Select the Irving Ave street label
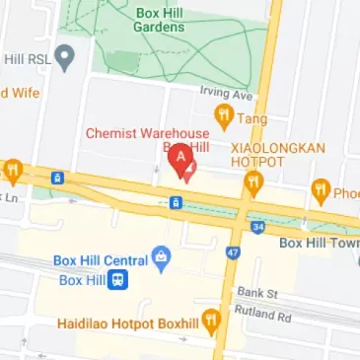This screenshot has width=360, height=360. click(228, 94)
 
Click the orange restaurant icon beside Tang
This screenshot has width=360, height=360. click(224, 117)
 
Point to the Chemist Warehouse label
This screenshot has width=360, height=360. click(147, 133)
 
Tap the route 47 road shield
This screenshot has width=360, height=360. click(233, 252)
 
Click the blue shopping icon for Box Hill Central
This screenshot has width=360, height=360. click(162, 259)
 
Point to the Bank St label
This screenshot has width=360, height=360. click(258, 294)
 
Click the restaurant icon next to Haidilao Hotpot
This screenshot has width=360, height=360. click(209, 322)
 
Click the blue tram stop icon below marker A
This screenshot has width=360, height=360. click(175, 203)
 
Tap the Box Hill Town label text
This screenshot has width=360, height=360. click(319, 243)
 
